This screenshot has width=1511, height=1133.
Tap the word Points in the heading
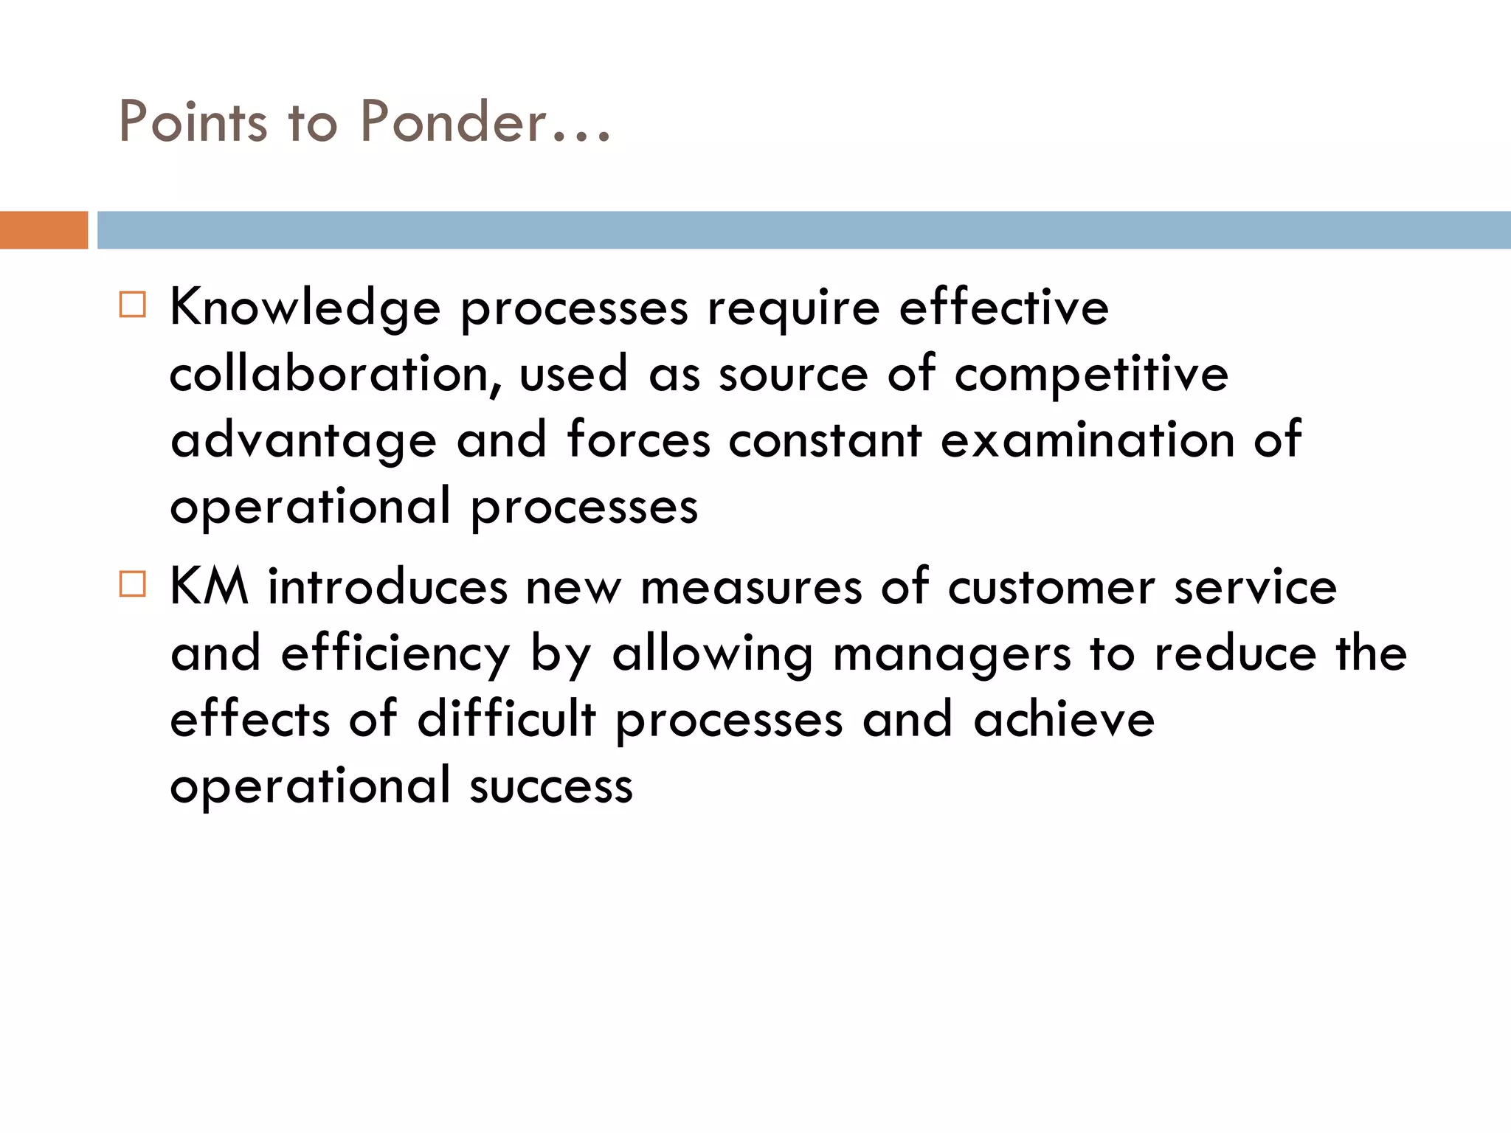(x=193, y=121)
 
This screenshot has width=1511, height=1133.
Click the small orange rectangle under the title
(x=44, y=230)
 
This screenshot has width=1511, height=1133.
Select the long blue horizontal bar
(x=803, y=230)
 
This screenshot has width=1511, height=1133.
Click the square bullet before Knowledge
(x=133, y=305)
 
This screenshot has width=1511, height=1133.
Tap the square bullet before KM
(x=133, y=584)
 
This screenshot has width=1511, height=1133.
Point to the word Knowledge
(x=305, y=308)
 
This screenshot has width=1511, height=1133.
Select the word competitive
(x=1091, y=374)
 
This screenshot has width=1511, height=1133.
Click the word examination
(x=1088, y=440)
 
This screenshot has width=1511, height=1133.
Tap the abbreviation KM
(x=209, y=587)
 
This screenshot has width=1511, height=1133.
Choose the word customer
(x=1051, y=588)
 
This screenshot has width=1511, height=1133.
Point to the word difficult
(x=506, y=720)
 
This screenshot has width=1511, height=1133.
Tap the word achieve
(x=1064, y=720)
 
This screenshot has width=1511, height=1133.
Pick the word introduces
(x=387, y=588)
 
